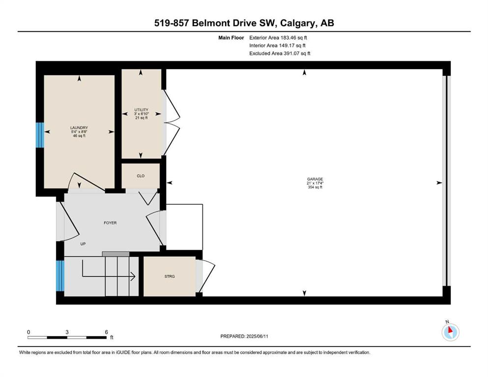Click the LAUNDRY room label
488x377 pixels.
pos(79,128)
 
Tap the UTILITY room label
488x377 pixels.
pos(141,110)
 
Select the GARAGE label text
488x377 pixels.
pos(315,179)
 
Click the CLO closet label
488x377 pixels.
pos(141,175)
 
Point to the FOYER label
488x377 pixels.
pos(110,223)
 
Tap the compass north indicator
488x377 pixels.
pos(450,332)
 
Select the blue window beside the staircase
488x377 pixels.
pos(60,276)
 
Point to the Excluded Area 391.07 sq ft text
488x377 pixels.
pos(280,53)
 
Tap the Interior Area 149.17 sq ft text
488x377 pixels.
pos(278,45)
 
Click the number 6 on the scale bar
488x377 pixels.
pos(106,332)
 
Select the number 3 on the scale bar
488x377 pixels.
pos(67,332)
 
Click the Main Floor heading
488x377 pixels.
pos(231,37)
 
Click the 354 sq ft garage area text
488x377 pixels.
pos(315,187)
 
